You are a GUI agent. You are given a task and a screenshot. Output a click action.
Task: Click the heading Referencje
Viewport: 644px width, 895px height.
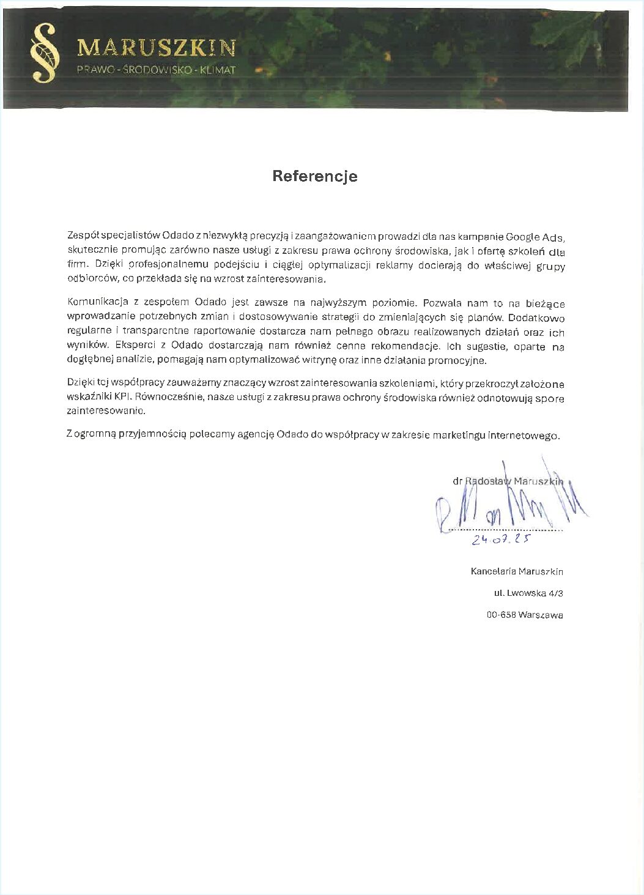(315, 176)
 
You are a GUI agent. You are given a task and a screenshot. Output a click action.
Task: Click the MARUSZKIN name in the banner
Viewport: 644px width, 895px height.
(156, 48)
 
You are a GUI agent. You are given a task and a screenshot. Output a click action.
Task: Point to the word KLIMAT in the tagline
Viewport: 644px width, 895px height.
(217, 70)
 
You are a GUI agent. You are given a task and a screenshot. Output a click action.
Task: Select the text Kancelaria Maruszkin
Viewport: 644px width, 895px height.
(517, 572)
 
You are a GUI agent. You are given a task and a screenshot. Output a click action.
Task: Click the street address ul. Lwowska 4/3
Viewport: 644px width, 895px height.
(528, 593)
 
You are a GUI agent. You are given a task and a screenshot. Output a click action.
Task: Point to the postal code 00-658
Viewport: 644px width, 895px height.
(500, 615)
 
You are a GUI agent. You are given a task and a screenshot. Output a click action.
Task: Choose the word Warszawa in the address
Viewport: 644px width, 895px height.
(540, 615)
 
